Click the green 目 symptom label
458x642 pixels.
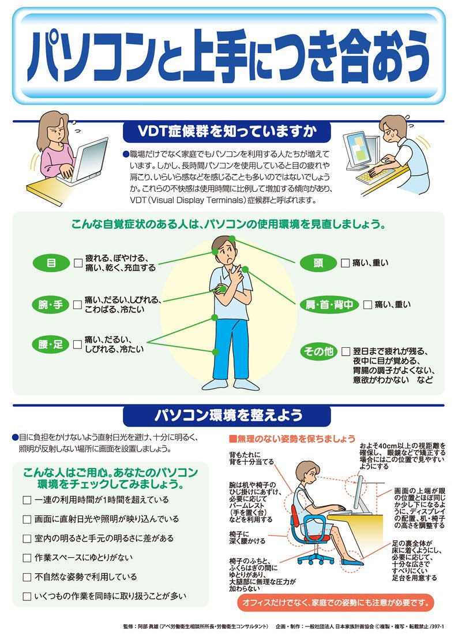click(x=51, y=263)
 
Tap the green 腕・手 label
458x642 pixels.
click(x=51, y=305)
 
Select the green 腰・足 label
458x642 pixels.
click(x=51, y=344)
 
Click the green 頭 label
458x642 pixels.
click(x=318, y=263)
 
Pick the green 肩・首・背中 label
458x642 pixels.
click(x=329, y=305)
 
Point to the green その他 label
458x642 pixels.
click(x=318, y=351)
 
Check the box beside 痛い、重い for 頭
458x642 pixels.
click(x=345, y=264)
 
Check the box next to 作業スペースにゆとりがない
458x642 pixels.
click(x=27, y=558)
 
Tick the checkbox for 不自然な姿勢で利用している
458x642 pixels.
click(x=27, y=577)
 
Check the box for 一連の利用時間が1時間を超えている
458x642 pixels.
click(x=27, y=500)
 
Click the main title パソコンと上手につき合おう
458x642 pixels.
click(x=228, y=55)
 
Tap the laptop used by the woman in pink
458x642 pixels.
click(x=87, y=158)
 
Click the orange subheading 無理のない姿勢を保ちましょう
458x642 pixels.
click(x=292, y=439)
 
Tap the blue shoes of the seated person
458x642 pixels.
click(x=352, y=561)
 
